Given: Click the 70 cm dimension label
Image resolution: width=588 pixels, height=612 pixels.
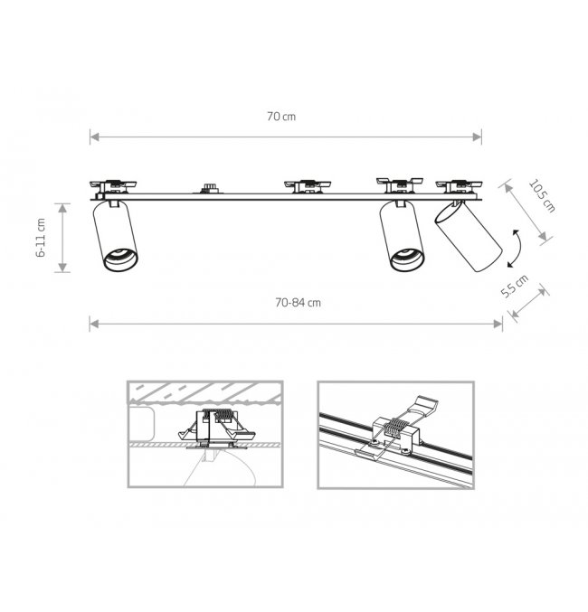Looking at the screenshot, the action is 281,117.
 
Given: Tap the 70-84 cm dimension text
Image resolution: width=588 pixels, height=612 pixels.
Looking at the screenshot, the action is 299,303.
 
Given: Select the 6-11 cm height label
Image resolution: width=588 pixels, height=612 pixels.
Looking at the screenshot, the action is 41,238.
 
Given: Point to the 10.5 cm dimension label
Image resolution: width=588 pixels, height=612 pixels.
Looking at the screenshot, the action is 542,196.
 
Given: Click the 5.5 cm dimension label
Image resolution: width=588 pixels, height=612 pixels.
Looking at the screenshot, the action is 515,286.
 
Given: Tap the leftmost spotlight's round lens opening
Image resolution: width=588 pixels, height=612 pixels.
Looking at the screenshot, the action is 120,259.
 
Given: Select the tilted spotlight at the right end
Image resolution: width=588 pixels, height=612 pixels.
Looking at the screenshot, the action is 468,235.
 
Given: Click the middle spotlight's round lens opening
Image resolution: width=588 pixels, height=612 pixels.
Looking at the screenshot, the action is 407,259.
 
